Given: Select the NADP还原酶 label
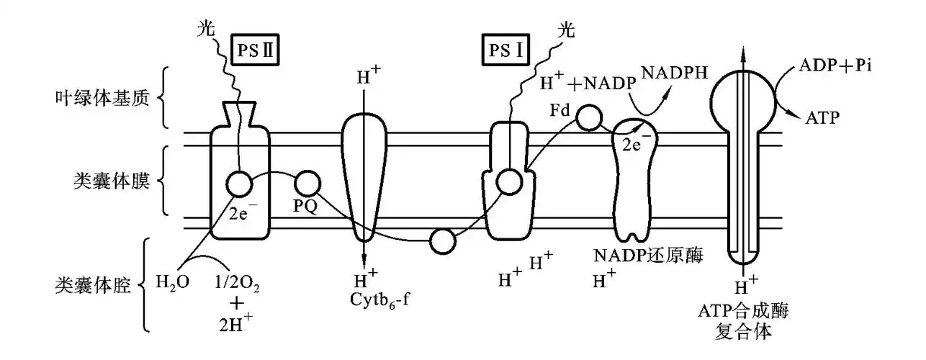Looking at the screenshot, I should pyautogui.click(x=648, y=256).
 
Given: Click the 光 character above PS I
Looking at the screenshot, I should pyautogui.click(x=567, y=32).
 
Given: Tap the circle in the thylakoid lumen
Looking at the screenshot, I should pyautogui.click(x=442, y=241).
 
